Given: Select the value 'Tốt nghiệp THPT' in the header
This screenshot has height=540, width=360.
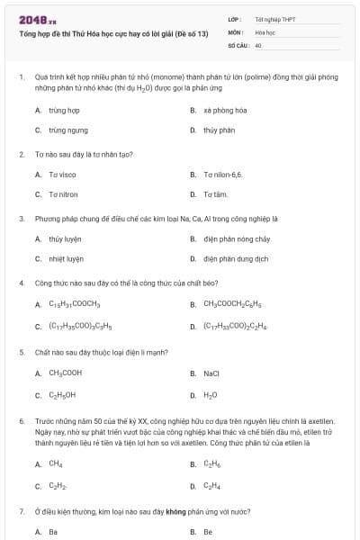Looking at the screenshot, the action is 274,19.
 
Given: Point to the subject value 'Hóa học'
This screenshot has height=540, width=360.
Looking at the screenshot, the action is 265,31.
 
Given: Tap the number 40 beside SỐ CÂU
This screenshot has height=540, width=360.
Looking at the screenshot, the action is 258,44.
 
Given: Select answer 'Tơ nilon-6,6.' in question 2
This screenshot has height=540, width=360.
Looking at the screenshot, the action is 222,174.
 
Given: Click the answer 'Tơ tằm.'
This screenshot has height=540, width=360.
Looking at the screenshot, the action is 215,193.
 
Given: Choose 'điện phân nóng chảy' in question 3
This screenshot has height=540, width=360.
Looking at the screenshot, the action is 231,238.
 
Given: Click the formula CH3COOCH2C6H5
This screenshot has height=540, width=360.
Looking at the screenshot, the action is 233,304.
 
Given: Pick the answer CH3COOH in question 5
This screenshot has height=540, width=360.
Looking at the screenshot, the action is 65,373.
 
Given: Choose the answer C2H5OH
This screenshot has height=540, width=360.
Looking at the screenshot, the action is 62,394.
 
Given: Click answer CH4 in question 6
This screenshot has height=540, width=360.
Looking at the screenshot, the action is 55,464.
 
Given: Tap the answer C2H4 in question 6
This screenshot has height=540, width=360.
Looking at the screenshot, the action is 211,486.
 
